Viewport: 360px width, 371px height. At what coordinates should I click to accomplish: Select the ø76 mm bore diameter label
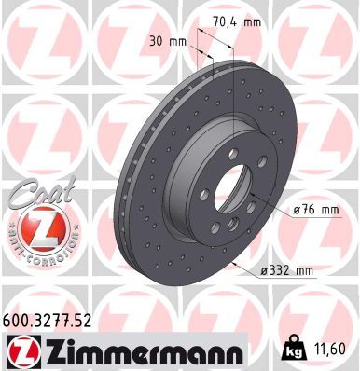[313, 210]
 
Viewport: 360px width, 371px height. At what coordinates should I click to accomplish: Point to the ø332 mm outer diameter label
[286, 271]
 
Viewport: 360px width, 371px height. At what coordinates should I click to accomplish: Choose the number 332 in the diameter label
[279, 271]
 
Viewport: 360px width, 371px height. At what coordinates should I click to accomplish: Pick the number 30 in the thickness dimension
[155, 40]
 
